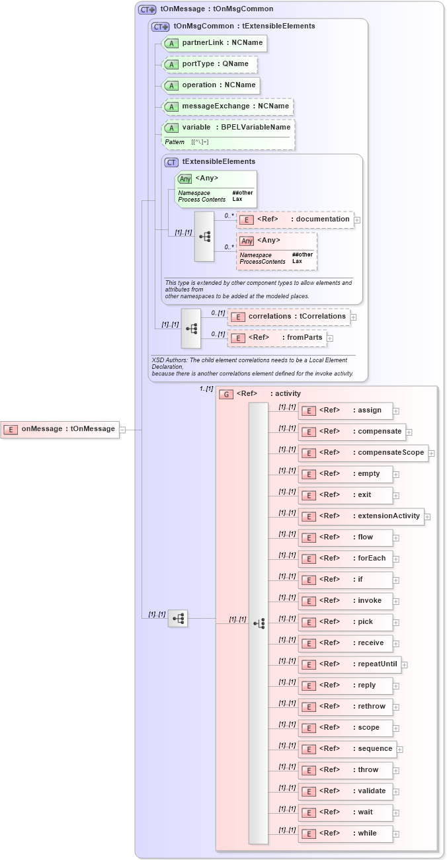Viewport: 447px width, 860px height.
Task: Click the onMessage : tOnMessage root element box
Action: [60, 429]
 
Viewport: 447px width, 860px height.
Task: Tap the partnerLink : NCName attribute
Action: [214, 43]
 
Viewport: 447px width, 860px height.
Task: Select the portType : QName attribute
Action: [210, 64]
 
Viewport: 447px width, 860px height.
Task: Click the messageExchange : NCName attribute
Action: [227, 106]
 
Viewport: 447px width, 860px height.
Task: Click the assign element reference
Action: [345, 410]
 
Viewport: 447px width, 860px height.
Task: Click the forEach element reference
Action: [345, 559]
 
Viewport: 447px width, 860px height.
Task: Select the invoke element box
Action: [345, 601]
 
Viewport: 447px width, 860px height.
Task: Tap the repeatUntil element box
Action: [349, 664]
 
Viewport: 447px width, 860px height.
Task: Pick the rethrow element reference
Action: [345, 707]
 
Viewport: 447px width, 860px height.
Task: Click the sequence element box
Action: [347, 749]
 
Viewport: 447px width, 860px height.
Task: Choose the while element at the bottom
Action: [345, 834]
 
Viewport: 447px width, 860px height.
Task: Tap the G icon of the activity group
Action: [226, 394]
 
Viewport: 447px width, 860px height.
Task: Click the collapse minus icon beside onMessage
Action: [122, 430]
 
